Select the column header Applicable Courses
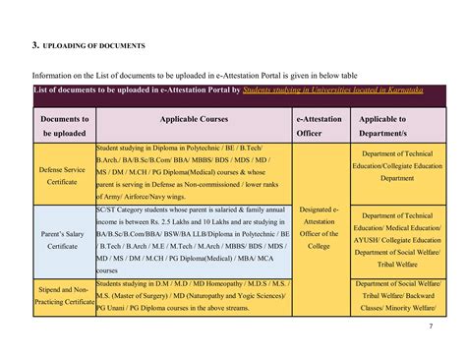(x=194, y=118)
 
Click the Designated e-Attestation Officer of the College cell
(x=320, y=227)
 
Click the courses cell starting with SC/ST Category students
(x=194, y=239)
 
